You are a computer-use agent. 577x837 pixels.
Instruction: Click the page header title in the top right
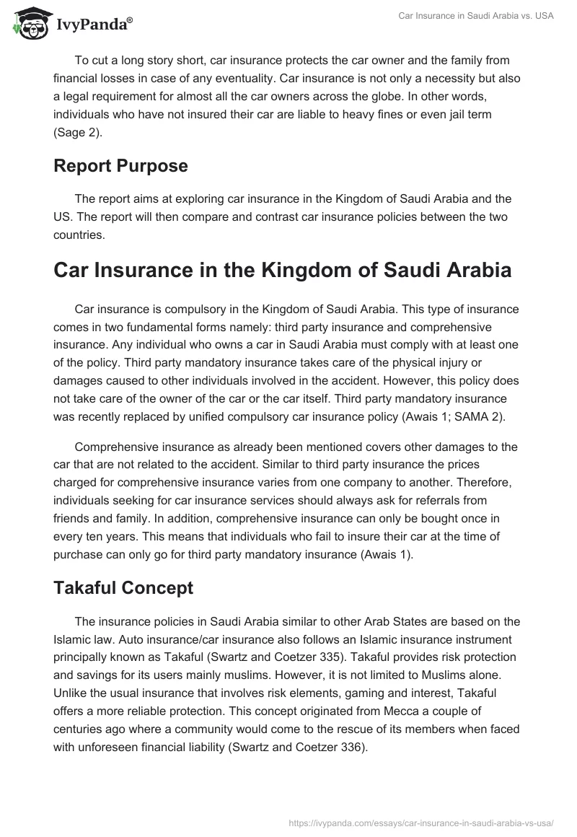coord(476,16)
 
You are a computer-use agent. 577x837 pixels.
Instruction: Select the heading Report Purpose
coord(120,165)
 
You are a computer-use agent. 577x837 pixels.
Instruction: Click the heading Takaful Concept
coord(123,587)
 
